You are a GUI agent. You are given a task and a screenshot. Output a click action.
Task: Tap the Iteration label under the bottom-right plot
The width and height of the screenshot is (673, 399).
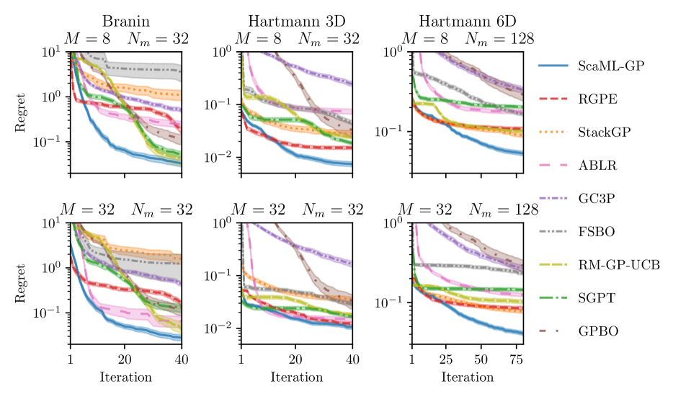coord(468,377)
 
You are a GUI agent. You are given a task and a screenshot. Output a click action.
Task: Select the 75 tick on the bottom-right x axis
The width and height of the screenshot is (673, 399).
coord(515,359)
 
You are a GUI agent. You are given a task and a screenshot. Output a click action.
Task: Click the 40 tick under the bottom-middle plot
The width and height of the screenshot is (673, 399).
coord(352,359)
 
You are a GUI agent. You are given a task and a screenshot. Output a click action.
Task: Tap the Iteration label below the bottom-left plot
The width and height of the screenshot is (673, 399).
coord(125,377)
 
